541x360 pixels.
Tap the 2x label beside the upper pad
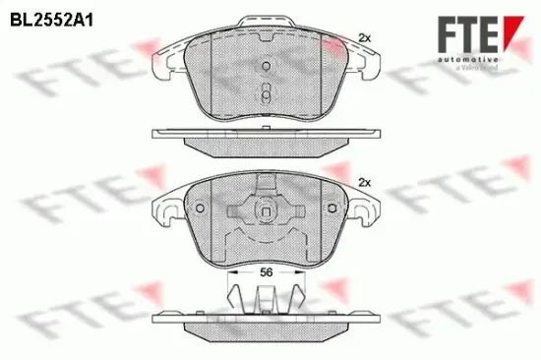coord(364,37)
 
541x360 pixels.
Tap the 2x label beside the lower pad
coord(364,183)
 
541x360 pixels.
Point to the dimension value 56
coord(267,272)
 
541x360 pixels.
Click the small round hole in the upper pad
coord(267,67)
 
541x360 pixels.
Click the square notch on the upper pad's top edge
coord(267,30)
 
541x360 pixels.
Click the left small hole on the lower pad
coord(200,210)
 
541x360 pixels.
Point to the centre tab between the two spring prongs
coord(267,298)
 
